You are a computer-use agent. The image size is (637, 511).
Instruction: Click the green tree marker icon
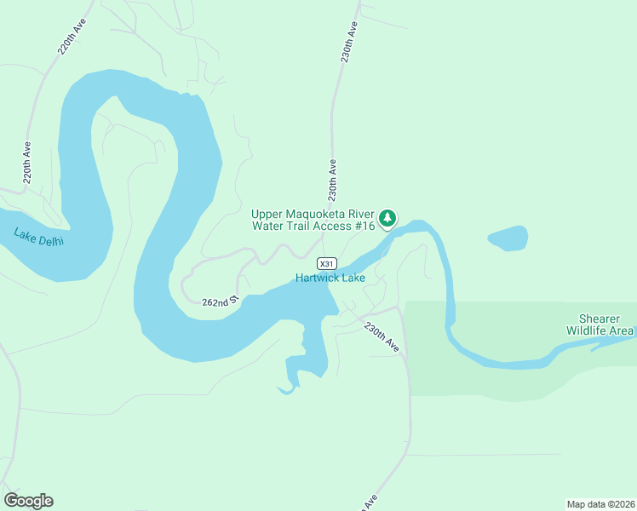388,219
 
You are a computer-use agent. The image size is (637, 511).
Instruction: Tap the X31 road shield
327,263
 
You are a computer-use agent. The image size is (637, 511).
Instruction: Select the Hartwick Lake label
330,278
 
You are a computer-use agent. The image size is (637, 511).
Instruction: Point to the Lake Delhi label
39,236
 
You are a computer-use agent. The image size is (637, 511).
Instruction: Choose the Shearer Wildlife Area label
600,324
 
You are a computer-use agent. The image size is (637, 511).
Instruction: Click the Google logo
28,501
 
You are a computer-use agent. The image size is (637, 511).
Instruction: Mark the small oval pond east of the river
508,238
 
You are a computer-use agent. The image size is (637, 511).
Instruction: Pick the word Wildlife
588,330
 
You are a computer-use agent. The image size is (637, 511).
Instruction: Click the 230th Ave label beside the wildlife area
382,336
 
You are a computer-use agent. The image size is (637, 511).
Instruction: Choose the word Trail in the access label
301,227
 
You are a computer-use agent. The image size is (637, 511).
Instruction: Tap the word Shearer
600,319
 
